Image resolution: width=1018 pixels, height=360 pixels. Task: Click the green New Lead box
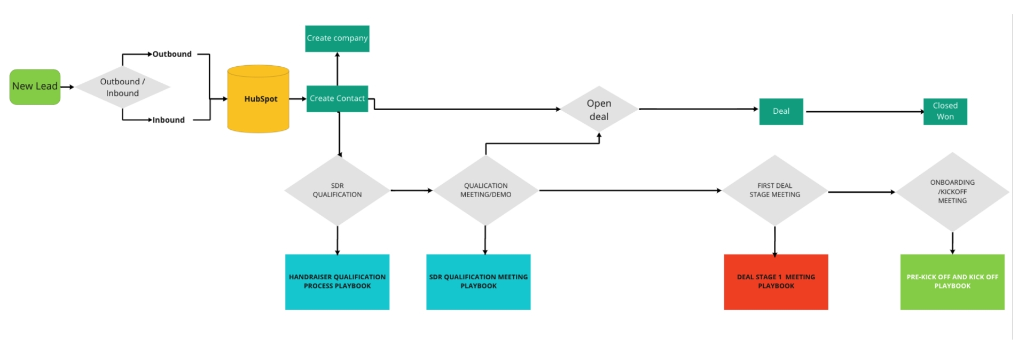pos(35,87)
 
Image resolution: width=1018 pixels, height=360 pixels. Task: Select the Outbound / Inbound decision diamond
pos(122,87)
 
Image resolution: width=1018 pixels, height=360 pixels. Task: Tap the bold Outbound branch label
pos(171,54)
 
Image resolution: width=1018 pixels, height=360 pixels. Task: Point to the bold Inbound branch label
pos(168,120)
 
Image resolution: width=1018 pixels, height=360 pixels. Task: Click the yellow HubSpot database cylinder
pos(259,99)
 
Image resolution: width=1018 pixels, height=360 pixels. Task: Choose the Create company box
pos(337,38)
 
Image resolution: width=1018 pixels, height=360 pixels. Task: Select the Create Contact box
pos(337,99)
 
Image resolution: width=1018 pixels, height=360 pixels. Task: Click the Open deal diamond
pos(599,109)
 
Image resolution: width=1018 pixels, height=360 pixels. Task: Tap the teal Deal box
pos(781,111)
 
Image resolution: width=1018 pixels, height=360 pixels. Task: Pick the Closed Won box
pos(945,111)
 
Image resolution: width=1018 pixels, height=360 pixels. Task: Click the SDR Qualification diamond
pos(337,190)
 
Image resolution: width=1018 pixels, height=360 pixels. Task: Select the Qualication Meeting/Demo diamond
pos(485,190)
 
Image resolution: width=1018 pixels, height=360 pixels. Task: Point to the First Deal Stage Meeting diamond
pos(774,190)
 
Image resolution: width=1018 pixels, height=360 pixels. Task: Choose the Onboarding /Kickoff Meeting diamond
pos(952,191)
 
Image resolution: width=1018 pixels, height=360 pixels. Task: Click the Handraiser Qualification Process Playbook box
pos(337,281)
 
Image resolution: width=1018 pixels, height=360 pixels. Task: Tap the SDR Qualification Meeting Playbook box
pos(478,281)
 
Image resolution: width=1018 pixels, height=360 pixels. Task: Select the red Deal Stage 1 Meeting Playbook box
pos(776,281)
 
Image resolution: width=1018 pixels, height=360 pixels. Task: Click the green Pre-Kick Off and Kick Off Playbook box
pos(952,281)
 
